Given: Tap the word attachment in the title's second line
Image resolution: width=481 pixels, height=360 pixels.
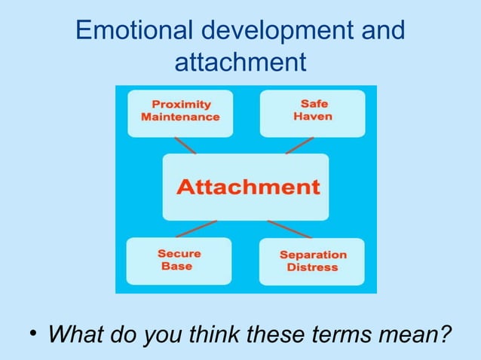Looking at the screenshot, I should coord(240,61).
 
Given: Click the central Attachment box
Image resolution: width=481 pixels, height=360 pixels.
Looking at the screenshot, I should coord(246,187).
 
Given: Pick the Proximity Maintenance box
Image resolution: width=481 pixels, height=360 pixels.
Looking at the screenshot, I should coord(179,113).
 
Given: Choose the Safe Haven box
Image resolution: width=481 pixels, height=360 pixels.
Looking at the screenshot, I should coord(312,113).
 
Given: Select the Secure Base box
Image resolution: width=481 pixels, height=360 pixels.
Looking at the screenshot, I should coord(179,261).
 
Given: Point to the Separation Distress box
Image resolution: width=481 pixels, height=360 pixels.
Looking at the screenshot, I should coord(311,261).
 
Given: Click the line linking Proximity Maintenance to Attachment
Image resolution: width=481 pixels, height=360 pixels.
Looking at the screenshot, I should coord(184,145).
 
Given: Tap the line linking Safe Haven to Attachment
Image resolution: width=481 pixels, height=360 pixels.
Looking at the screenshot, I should coord(300,145).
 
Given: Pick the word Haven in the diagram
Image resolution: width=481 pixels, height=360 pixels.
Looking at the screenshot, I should coord(314,117).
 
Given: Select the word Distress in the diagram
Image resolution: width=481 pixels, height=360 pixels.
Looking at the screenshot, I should coord(312,267).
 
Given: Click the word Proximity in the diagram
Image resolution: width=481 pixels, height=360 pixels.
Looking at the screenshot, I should coord(181,104).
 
